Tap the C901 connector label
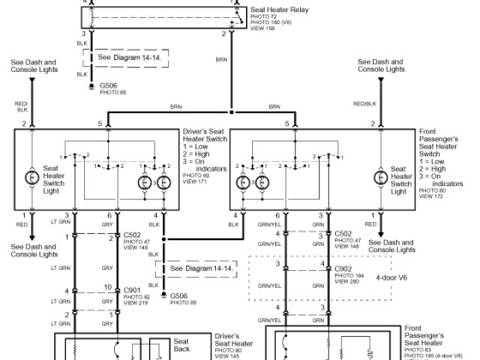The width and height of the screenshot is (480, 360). click(x=132, y=290)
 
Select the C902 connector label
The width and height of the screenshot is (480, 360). click(x=344, y=268)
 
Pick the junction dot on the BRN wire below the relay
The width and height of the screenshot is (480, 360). click(x=231, y=112)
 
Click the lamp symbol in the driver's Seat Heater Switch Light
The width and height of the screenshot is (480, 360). click(x=32, y=178)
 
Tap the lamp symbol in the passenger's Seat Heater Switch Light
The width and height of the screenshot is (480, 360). click(x=379, y=178)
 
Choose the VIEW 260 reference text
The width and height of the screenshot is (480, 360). click(x=348, y=283)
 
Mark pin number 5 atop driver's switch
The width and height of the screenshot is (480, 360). click(x=99, y=123)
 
